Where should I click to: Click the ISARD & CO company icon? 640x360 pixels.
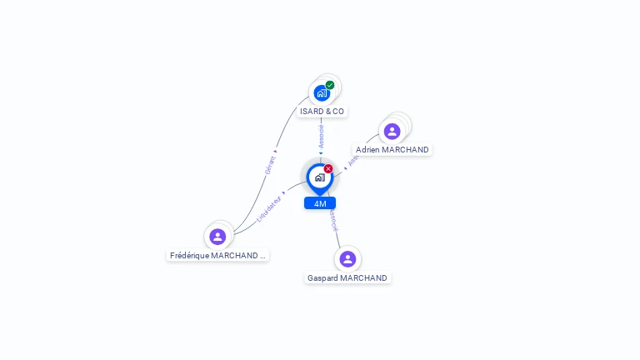322,92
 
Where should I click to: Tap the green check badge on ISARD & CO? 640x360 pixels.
330,85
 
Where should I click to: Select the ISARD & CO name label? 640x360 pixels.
322,111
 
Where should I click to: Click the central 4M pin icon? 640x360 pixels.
319,177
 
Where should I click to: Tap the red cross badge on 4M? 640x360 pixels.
328,169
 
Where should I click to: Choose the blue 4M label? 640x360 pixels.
320,203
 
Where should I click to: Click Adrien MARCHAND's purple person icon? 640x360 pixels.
392,131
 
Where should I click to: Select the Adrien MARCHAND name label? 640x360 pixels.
392,150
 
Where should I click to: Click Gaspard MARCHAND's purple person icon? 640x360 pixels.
347,258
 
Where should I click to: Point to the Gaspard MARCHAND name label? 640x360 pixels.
347,277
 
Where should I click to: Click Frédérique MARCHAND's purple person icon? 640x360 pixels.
217,236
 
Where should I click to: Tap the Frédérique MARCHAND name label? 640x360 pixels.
217,256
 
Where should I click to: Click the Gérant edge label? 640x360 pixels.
270,164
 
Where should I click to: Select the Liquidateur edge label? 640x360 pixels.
269,208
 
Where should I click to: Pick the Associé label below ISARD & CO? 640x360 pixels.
322,136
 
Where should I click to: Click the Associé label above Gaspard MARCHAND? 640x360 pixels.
332,220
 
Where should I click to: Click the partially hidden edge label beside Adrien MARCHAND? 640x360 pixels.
352,161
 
